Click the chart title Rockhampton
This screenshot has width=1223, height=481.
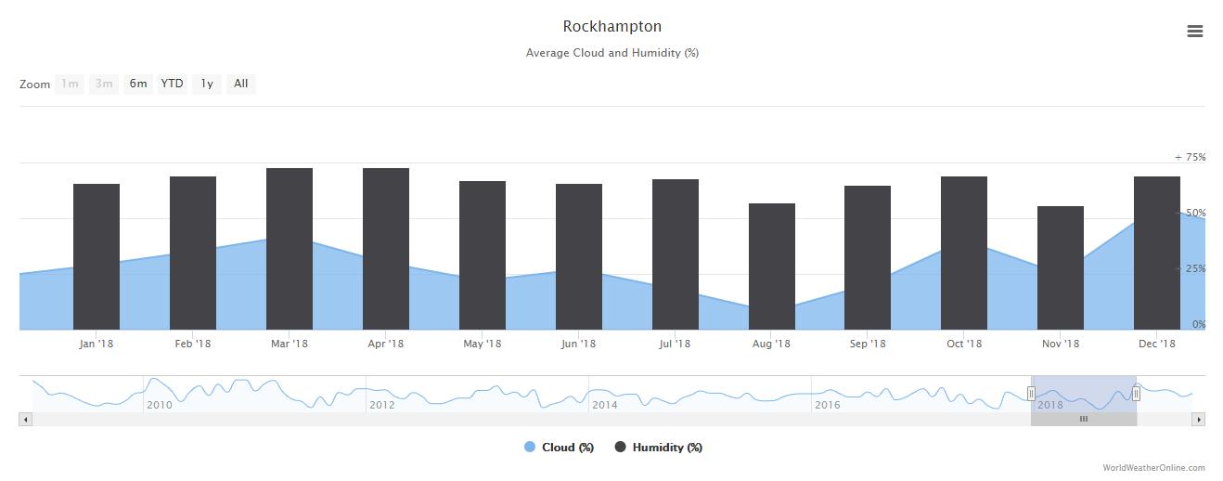611,26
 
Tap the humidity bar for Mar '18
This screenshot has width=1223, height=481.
290,249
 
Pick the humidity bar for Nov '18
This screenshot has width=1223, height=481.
1061,267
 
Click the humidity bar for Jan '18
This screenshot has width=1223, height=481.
97,256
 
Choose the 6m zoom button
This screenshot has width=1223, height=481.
138,84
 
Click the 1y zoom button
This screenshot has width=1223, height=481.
207,84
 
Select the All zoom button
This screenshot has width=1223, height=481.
241,84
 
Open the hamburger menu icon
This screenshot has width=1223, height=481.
1195,32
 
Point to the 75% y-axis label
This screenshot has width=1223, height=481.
1192,157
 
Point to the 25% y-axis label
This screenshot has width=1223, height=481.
1192,269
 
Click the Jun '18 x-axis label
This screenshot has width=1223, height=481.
578,344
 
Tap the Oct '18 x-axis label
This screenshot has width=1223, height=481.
964,344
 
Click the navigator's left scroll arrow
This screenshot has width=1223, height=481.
25,420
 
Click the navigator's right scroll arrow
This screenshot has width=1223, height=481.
1198,420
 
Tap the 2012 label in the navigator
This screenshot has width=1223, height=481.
381,405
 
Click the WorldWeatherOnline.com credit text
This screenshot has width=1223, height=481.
1153,468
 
